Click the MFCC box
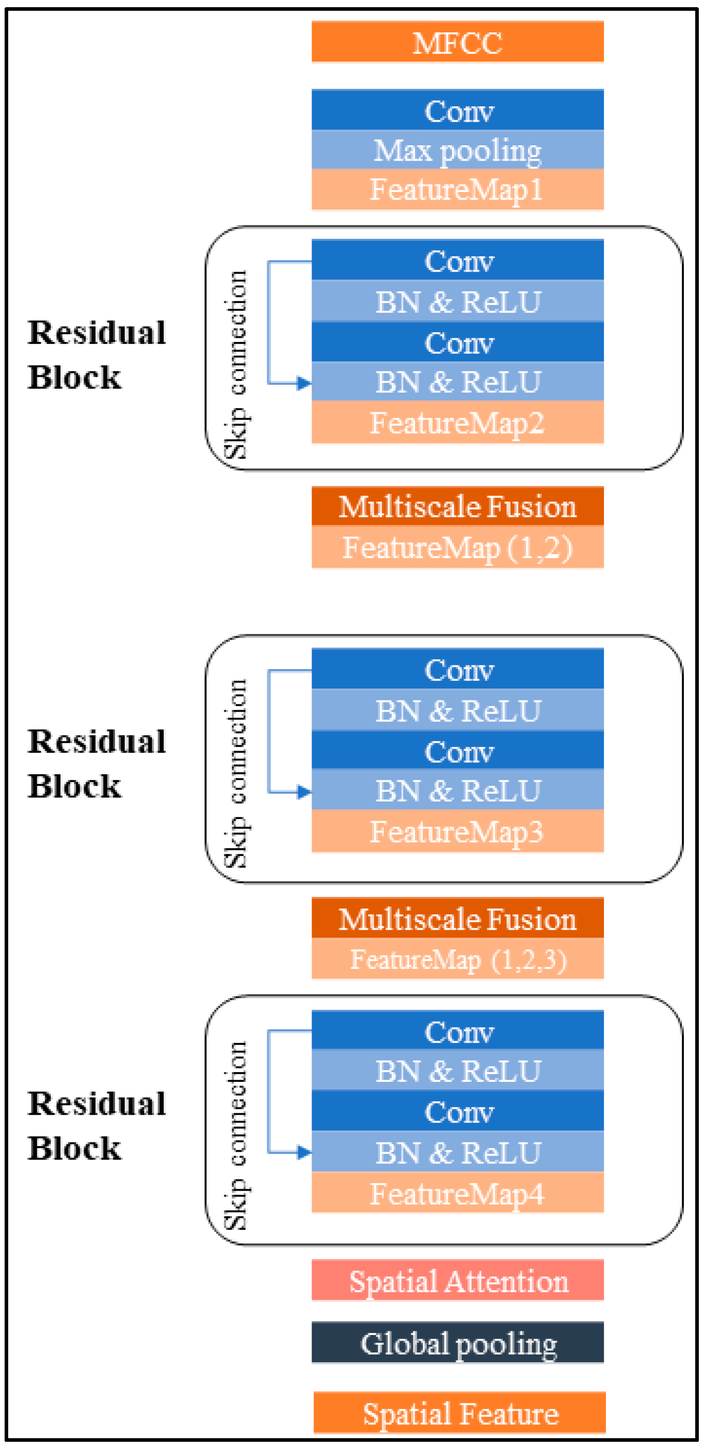pyautogui.click(x=457, y=42)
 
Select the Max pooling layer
pyautogui.click(x=457, y=150)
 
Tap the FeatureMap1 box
pyautogui.click(x=457, y=189)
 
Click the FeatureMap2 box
pyautogui.click(x=457, y=422)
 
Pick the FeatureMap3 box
pyautogui.click(x=457, y=831)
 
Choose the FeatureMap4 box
pyautogui.click(x=457, y=1193)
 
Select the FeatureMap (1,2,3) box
pyautogui.click(x=457, y=959)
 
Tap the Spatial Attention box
pyautogui.click(x=457, y=1281)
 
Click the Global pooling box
pyautogui.click(x=457, y=1343)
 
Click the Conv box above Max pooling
pyautogui.click(x=457, y=110)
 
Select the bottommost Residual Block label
pyautogui.click(x=97, y=1125)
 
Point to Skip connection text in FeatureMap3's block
pyautogui.click(x=235, y=774)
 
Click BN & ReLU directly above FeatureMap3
pyautogui.click(x=457, y=790)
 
